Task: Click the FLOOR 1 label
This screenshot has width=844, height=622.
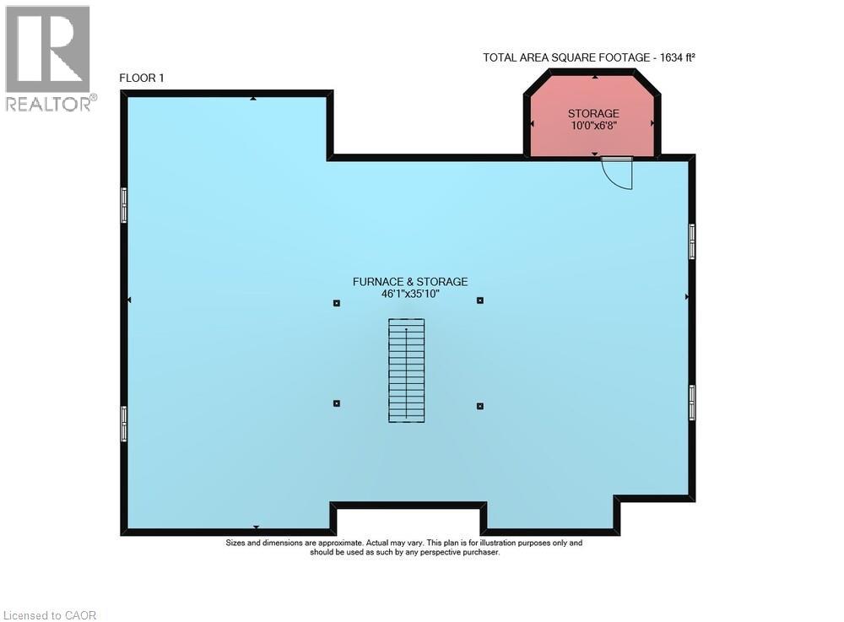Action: pos(142,78)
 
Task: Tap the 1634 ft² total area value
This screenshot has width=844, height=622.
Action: pos(678,57)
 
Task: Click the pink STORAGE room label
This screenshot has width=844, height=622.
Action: pos(593,114)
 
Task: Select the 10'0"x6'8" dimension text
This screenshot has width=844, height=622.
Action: pos(593,126)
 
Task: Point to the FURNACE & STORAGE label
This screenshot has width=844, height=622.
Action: pos(410,281)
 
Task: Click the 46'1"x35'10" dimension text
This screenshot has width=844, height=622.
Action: pos(410,294)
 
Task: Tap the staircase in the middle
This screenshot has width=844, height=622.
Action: pos(407,370)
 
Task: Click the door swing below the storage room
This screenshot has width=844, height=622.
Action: pos(617,173)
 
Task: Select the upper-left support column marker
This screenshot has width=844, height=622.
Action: pos(337,303)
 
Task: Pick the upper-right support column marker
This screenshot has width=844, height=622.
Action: pos(479,300)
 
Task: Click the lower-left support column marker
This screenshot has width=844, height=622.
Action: pos(337,403)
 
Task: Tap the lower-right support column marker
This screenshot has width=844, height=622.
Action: pos(479,406)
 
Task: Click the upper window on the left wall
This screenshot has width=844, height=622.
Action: pos(124,205)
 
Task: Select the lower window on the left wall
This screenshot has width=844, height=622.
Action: pos(124,424)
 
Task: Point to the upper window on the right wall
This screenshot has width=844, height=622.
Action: pos(692,241)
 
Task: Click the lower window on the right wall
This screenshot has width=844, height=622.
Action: pos(692,402)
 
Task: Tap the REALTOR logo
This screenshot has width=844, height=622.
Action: pos(50,58)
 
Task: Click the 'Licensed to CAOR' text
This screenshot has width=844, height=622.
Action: pos(50,615)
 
